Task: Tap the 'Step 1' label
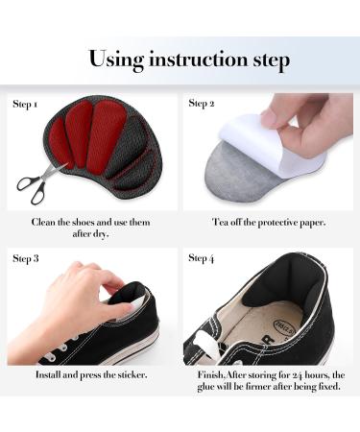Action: pos(26,103)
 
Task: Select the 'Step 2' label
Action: pos(201,103)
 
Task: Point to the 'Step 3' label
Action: pos(26,258)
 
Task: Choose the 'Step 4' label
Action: pos(202,258)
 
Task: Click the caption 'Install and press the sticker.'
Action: pos(91,373)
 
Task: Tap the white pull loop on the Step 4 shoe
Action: pos(206,341)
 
